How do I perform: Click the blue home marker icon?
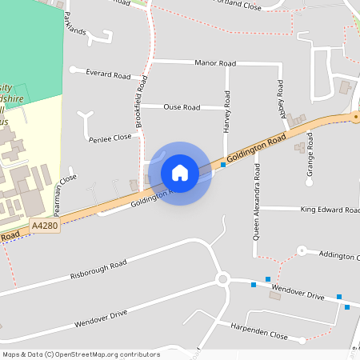(180, 173)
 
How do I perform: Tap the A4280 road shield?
(45, 226)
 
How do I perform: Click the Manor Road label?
(215, 62)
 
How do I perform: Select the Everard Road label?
(108, 74)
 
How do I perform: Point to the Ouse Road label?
(182, 106)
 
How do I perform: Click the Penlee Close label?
(110, 138)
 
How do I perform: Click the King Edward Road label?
(330, 210)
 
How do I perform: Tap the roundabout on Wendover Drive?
(222, 279)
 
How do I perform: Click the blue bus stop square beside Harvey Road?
(223, 166)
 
